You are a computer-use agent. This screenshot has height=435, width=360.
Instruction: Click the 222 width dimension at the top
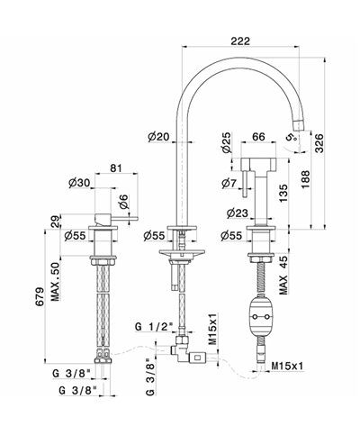pos(240,41)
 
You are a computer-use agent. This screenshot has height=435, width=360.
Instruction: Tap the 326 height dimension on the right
pos(319,143)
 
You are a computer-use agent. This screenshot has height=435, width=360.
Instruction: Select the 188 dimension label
pos(305,179)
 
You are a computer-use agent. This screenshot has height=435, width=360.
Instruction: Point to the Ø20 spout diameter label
pos(158,137)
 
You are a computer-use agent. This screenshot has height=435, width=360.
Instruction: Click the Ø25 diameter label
pos(227,142)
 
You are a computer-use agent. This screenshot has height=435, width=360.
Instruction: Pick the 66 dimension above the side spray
pos(258,137)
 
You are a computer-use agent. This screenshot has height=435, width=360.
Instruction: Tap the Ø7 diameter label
pos(229,183)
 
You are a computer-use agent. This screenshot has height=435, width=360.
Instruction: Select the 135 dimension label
pos(283,193)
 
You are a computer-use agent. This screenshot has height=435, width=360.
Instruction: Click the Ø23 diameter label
pos(238,213)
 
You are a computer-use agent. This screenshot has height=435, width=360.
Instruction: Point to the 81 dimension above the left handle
pos(116,168)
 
